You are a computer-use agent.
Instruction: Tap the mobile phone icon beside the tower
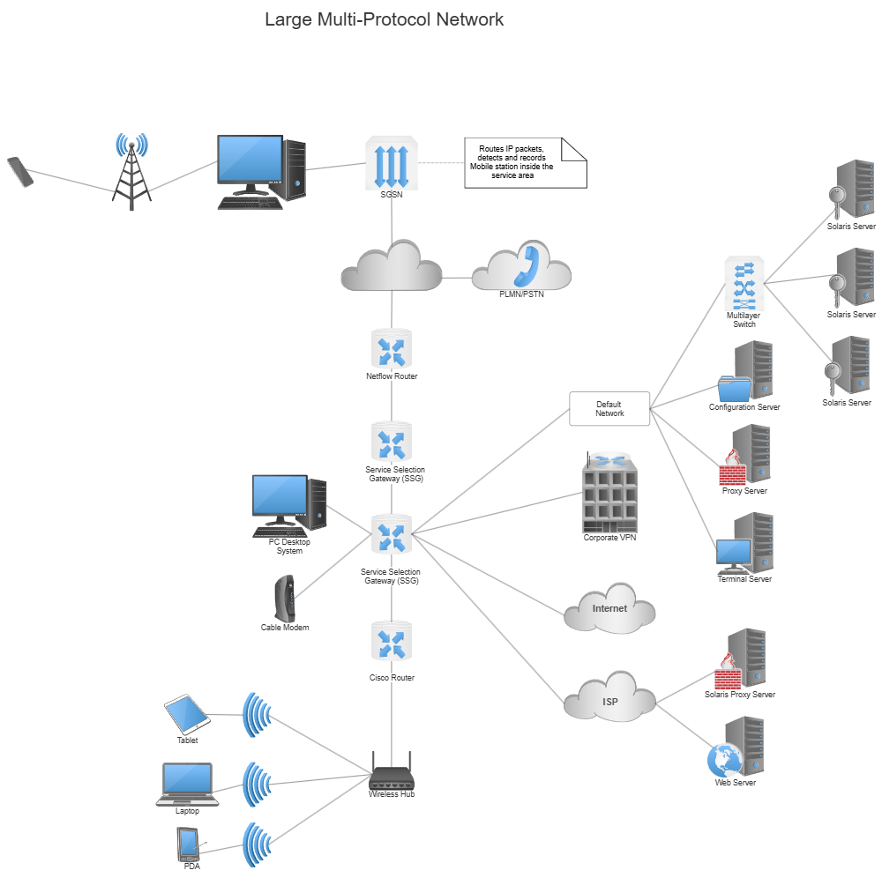(19, 171)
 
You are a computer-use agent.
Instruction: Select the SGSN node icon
(391, 163)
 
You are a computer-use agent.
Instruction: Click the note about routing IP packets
(525, 162)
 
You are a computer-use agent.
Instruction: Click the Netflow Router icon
(391, 348)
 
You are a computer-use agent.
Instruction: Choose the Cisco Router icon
(391, 641)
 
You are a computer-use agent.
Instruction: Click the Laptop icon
(187, 783)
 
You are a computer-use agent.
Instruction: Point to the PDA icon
(188, 845)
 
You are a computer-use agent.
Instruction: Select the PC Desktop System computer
(288, 506)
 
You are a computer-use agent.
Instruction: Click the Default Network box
(609, 409)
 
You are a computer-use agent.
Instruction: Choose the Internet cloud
(609, 608)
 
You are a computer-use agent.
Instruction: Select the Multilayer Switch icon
(744, 284)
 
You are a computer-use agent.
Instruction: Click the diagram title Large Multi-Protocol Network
(385, 19)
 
